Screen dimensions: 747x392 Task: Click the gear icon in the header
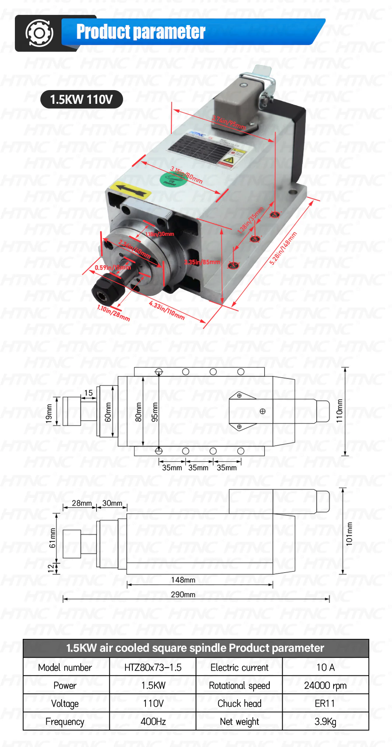point(39,33)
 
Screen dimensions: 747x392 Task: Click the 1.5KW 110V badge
point(82,99)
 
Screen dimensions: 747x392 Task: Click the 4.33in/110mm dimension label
point(167,310)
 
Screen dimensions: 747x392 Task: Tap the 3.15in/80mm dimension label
point(186,175)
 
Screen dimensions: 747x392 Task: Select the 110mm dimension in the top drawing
point(339,411)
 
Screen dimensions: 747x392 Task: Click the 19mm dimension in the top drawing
point(49,413)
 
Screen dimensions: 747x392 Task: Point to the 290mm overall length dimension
point(183,594)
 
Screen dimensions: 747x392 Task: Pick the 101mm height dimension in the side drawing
point(349,534)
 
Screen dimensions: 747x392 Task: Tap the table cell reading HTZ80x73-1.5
point(153,667)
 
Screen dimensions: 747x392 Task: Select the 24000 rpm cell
point(325,686)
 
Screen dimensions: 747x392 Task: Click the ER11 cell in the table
point(325,704)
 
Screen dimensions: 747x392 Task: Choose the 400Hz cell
point(153,722)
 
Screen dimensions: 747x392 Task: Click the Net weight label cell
point(239,722)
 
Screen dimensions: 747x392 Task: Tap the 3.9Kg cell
point(325,722)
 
